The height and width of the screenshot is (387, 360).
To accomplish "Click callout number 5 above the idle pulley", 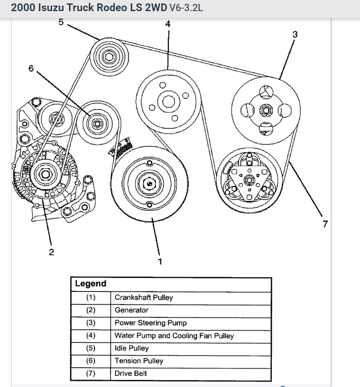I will point(61,22).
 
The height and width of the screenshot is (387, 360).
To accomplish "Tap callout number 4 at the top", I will point(168,24).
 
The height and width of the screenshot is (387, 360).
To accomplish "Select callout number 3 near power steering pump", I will point(295,35).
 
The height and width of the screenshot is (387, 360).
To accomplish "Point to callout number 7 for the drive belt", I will point(325,223).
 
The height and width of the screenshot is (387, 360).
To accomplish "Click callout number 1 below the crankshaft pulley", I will point(160,260).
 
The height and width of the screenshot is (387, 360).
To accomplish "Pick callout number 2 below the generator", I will point(51,252).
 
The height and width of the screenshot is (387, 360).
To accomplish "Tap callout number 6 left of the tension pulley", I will point(31,68).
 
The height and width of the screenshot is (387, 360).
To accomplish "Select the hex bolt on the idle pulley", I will point(109,58).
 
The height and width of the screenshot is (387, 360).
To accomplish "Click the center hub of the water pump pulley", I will point(168,102).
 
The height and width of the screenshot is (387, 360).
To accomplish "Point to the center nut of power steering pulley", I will point(265,110).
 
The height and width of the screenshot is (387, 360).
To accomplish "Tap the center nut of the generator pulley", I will point(45,174).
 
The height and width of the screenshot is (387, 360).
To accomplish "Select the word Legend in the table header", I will point(90,284).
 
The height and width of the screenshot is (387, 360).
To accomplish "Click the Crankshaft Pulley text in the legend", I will point(144,298).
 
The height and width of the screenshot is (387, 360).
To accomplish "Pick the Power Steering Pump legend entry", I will point(150,323).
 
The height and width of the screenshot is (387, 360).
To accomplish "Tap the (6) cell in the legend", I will point(91,361).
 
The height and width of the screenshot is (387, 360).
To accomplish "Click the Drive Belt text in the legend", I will point(130,373).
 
